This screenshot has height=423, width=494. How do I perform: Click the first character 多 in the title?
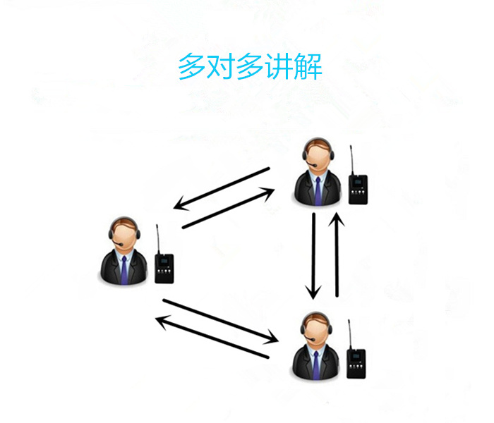pyautogui.click(x=191, y=66)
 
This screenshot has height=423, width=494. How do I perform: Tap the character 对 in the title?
pyautogui.click(x=220, y=66)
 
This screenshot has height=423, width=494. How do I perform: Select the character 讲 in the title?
pyautogui.click(x=279, y=66)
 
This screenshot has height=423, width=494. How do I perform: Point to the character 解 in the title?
pyautogui.click(x=308, y=66)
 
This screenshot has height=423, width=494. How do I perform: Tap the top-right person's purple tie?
pyautogui.click(x=318, y=191)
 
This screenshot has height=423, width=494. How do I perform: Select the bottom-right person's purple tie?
pyautogui.click(x=316, y=365)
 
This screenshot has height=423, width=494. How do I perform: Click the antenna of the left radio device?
pyautogui.click(x=158, y=239)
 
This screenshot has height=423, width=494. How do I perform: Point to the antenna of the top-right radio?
pyautogui.click(x=351, y=160)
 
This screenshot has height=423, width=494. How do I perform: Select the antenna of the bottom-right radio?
pyautogui.click(x=350, y=335)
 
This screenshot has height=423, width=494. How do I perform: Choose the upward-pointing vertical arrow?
pyautogui.click(x=337, y=255)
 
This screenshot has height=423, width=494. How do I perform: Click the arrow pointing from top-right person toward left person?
pyautogui.click(x=221, y=188)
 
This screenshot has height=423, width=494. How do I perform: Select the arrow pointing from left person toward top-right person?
pyautogui.click(x=229, y=208)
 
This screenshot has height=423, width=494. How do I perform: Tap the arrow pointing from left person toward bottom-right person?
pyautogui.click(x=220, y=321)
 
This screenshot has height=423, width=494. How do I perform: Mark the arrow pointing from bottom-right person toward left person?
pyautogui.click(x=212, y=336)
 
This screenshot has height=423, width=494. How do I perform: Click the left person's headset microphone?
pyautogui.click(x=117, y=243)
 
